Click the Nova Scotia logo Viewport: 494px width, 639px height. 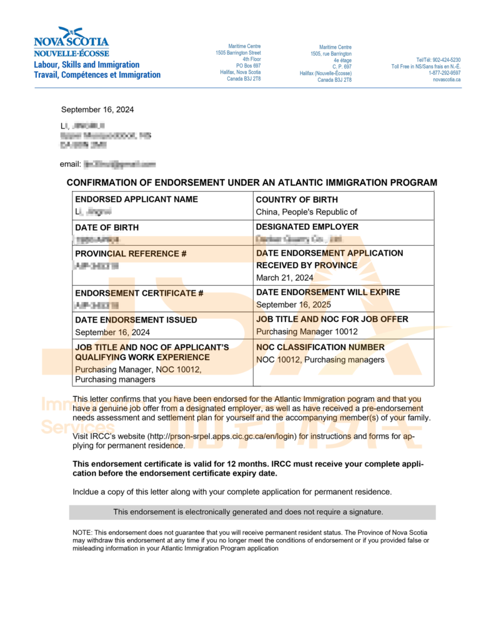[71, 42]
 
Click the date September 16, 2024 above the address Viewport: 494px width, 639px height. [97, 110]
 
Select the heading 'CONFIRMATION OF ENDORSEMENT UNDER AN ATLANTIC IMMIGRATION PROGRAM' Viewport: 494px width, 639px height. [252, 183]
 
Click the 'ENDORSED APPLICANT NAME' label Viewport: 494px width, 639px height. [136, 200]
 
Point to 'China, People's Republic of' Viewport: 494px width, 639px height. [307, 212]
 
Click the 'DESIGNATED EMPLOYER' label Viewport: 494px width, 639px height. [307, 227]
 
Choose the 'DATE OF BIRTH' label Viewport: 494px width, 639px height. [107, 227]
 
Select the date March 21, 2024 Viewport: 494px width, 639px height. [285, 278]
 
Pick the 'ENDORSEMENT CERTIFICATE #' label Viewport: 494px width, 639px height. [139, 293]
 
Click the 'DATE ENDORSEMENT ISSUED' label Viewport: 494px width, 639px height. [136, 320]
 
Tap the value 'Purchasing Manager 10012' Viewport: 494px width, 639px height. [307, 331]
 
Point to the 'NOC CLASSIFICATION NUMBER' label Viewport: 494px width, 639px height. [320, 347]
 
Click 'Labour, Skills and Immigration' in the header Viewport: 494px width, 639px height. [87, 65]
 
